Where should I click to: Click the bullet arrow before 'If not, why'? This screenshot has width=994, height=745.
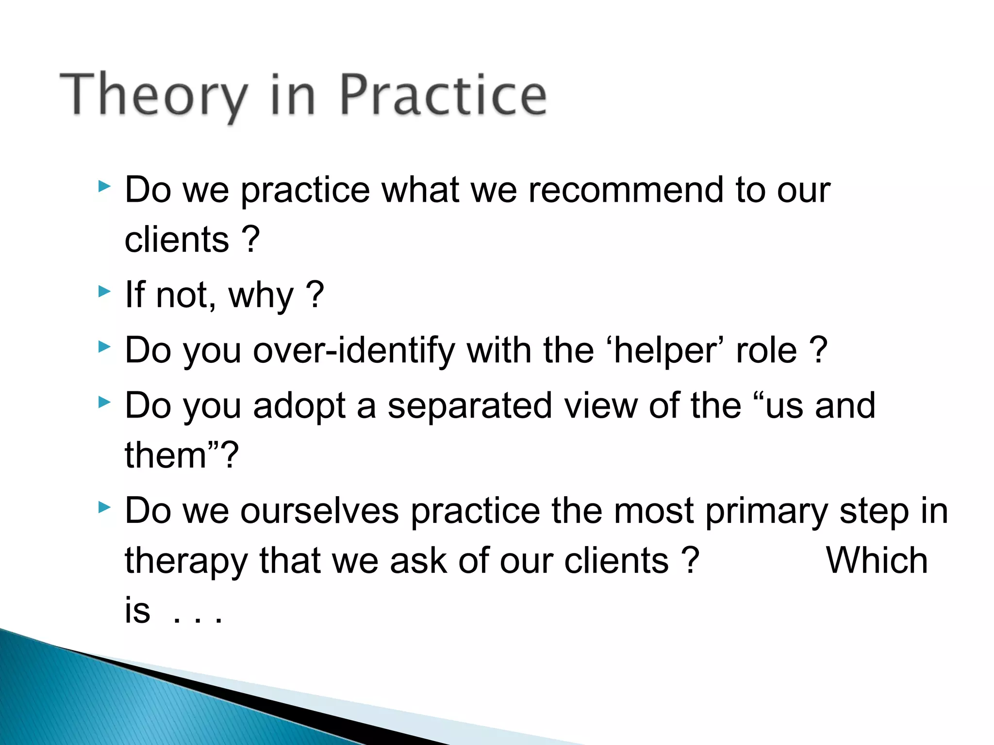click(104, 291)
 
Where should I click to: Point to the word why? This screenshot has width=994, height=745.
click(261, 295)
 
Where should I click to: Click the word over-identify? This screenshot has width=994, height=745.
click(354, 350)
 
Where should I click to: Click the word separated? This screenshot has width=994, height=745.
click(470, 405)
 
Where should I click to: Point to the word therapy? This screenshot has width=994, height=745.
click(186, 561)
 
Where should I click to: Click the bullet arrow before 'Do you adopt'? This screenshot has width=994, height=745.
click(104, 402)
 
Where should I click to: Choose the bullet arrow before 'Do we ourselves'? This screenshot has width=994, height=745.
click(104, 507)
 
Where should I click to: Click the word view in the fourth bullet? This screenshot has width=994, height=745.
click(600, 405)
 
